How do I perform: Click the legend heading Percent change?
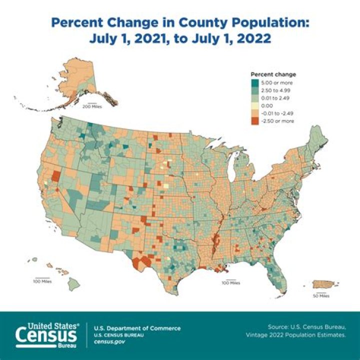click(273, 74)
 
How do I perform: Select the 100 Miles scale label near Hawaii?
click(42, 281)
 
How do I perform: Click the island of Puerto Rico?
click(325, 284)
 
